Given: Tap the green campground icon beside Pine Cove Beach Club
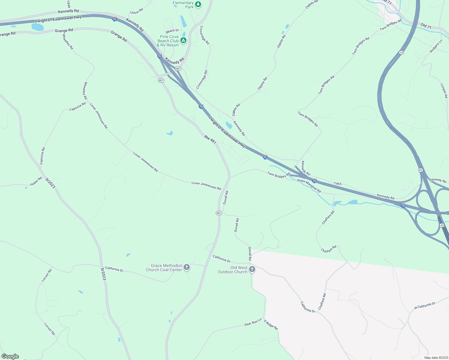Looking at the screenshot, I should click(x=183, y=40).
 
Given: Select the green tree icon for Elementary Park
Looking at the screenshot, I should click(x=198, y=4).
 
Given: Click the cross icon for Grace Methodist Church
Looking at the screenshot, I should click(x=187, y=267).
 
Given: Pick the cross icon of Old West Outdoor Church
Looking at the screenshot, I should click(x=252, y=269).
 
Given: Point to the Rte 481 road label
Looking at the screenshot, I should click(x=210, y=139).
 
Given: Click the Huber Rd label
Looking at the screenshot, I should click(x=36, y=181).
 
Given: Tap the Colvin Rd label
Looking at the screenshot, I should click(x=137, y=11).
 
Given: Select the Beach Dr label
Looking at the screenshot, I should click(x=172, y=31).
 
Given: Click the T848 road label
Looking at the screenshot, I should click(x=68, y=4).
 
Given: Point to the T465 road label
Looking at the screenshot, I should click(x=338, y=184).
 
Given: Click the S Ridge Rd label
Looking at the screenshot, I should click(x=271, y=325).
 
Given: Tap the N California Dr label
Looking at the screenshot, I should click(x=425, y=306).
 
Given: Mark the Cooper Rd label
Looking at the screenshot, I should click(x=444, y=91).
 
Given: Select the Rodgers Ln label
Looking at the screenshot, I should click(x=436, y=46).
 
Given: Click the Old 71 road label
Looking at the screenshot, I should click(x=426, y=26).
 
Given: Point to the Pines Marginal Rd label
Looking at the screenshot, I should click(x=309, y=186).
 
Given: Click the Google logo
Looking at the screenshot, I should click(x=10, y=356).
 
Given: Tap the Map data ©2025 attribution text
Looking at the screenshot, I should click(x=436, y=358).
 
